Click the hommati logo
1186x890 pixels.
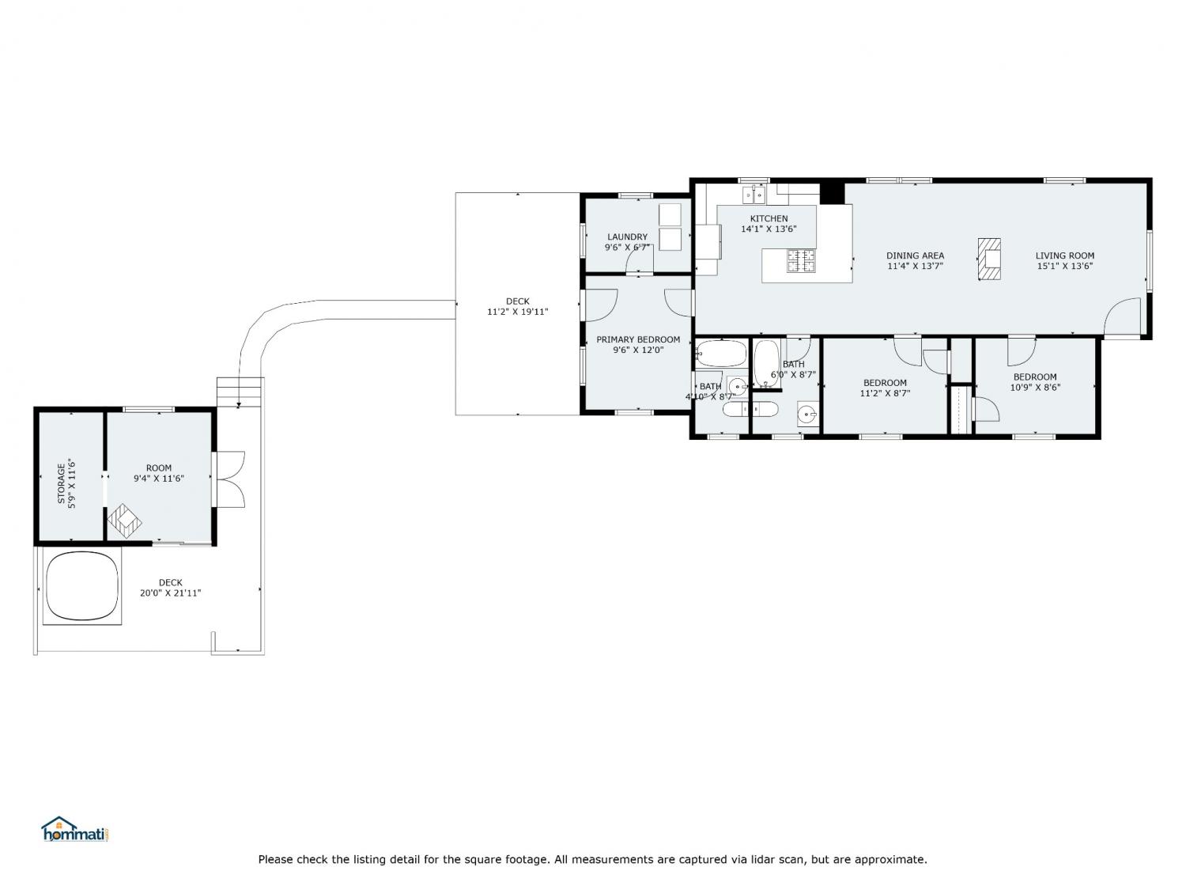[76, 829]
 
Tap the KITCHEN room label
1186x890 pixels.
[769, 218]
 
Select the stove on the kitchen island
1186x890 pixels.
[801, 260]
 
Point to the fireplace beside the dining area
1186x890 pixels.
[989, 259]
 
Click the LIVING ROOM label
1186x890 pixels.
[1064, 256]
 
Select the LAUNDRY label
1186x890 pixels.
[627, 237]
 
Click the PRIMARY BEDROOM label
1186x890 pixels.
[638, 339]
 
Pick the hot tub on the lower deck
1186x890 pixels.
[81, 585]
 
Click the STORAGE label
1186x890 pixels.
[61, 483]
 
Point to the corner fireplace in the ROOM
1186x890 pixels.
[124, 521]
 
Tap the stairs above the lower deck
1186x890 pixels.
[240, 392]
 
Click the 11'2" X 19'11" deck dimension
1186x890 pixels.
[518, 312]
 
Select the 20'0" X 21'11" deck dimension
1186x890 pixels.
[170, 593]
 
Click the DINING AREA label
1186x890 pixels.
[915, 256]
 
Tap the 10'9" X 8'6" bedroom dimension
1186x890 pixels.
[1035, 388]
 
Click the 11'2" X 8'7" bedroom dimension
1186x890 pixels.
[885, 393]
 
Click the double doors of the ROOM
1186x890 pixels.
[229, 479]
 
